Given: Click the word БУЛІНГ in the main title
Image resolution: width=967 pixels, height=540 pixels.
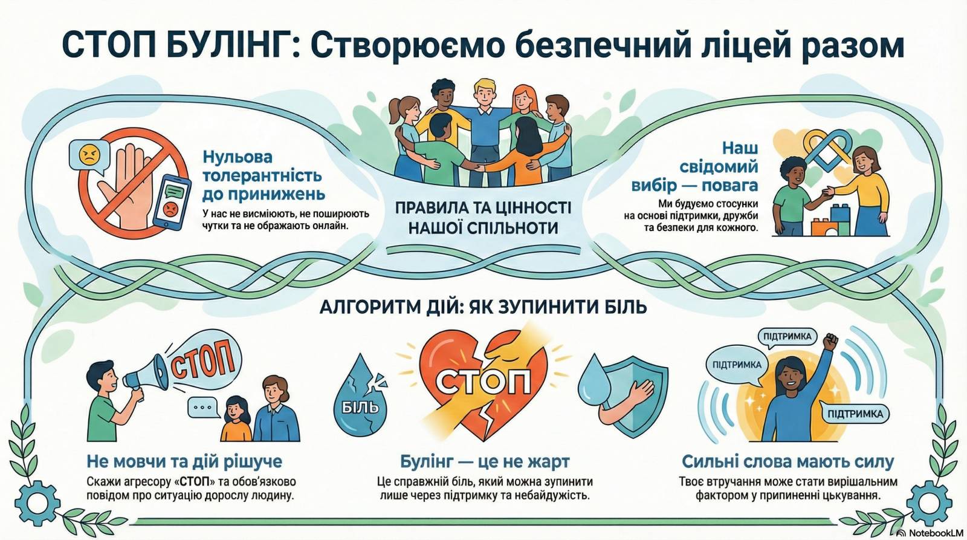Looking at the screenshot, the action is (x=226, y=45).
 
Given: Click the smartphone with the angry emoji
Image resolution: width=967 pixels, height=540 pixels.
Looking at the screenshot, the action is (x=172, y=203).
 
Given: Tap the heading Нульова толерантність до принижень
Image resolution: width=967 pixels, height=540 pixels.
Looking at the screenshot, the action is (x=264, y=175).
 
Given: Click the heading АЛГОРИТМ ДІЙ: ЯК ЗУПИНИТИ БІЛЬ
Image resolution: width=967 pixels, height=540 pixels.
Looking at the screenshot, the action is (x=483, y=307).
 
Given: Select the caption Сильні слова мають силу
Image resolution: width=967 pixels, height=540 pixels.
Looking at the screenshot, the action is (x=788, y=461).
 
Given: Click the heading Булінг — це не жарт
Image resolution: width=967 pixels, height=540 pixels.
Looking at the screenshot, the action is (x=484, y=461).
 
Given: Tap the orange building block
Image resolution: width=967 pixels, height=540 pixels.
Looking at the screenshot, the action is (x=824, y=227).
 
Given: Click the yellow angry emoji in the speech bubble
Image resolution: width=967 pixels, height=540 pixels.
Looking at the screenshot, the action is (x=90, y=155).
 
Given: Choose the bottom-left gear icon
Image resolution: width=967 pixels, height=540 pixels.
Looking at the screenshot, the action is (x=37, y=503).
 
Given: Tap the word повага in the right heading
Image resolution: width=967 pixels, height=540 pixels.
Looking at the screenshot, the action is (x=729, y=185).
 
